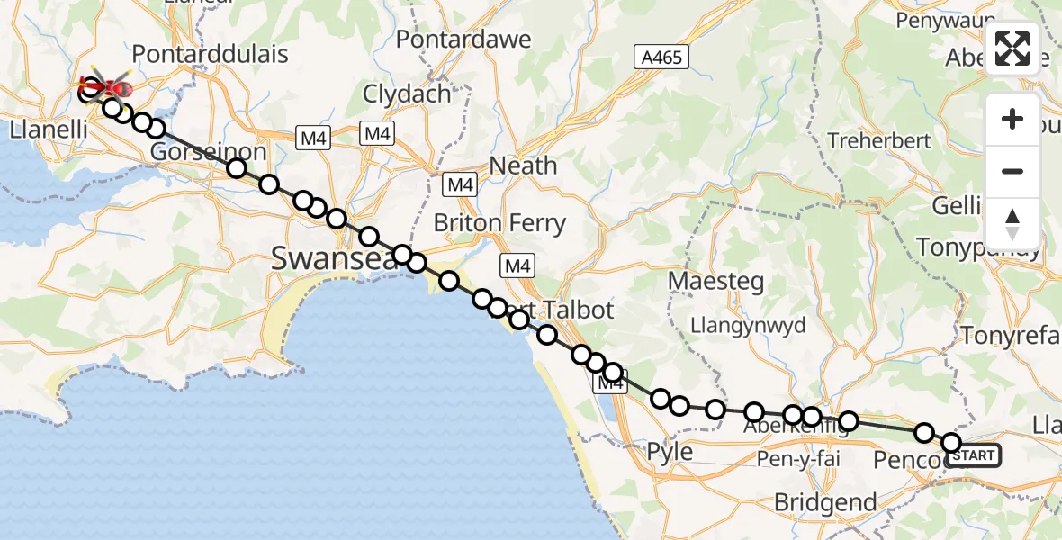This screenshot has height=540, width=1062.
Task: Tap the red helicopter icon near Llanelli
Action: [107, 88]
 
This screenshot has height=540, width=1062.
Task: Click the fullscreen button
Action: [1012, 49]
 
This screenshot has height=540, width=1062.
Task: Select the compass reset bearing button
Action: [1012, 223]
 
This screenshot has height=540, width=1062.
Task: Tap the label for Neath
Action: [523, 166]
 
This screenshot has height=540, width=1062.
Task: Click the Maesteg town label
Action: [715, 281]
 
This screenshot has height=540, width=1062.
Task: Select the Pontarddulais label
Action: [211, 54]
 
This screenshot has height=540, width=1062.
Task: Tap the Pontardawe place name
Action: [463, 40]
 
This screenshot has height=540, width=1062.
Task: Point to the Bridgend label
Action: [825, 502]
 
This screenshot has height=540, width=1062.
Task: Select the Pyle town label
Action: [670, 451]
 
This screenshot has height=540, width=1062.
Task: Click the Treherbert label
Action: [877, 141]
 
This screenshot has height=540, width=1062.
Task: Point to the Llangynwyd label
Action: [748, 325]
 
